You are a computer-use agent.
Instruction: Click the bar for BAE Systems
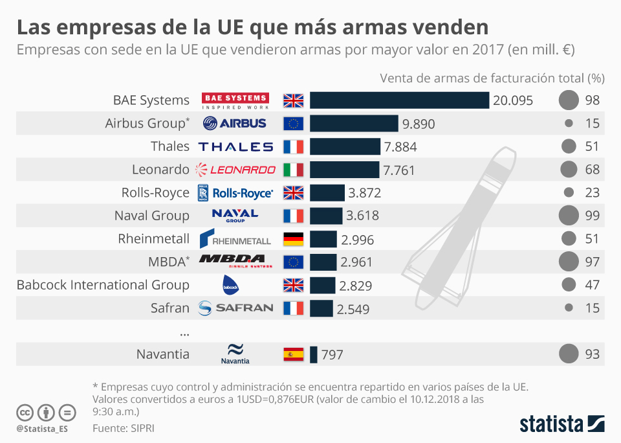399,100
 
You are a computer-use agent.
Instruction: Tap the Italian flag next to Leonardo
293,170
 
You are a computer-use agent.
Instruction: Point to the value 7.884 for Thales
400,147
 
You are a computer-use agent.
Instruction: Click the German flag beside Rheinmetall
293,239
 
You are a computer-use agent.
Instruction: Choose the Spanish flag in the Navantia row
293,354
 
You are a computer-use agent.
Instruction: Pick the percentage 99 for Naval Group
593,216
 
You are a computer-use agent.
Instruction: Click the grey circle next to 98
568,100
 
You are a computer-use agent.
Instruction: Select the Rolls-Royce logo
235,192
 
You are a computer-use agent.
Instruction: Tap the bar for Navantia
314,354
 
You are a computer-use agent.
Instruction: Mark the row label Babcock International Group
103,285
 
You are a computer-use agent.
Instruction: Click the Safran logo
235,308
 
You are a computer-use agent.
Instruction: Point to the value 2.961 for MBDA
358,262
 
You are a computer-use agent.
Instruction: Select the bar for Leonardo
344,170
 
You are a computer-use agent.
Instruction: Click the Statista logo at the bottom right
562,424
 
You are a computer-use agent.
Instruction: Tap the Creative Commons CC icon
25,412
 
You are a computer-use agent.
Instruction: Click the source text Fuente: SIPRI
124,428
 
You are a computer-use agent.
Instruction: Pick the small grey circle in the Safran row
569,308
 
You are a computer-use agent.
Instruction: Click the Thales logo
235,147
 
